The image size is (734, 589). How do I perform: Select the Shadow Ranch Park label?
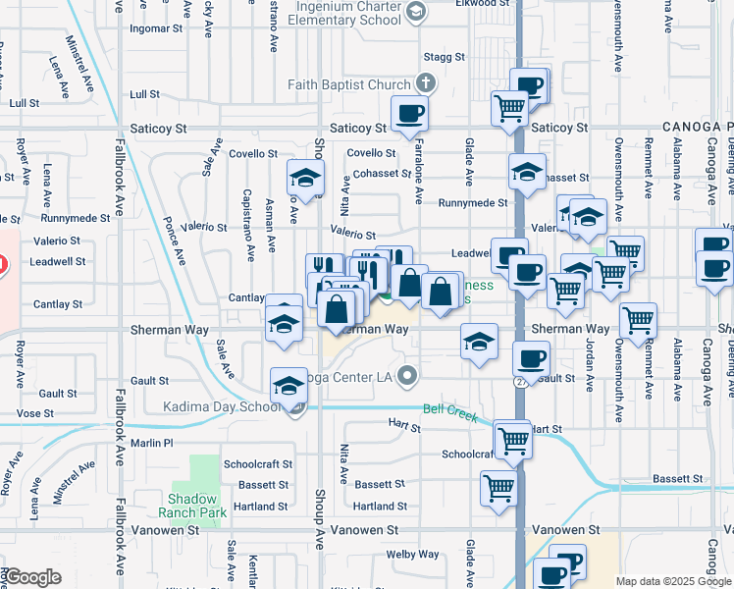[x=191, y=506]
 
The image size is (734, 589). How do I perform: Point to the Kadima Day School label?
[x=217, y=406]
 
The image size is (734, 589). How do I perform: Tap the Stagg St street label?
[x=444, y=57]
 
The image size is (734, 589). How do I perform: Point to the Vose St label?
[x=35, y=413]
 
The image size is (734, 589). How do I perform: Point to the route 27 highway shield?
[x=518, y=379]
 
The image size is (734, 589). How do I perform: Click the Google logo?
[x=31, y=577]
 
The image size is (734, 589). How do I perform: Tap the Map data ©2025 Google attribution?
[x=672, y=581]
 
